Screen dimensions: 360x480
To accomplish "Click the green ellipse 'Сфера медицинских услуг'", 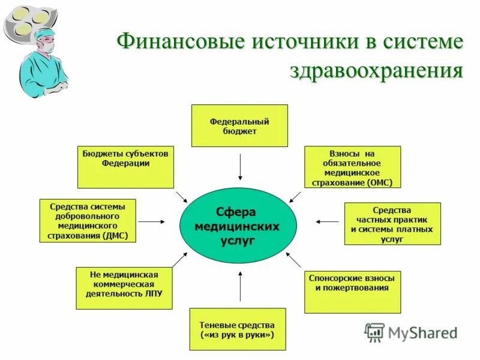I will tap(238, 226).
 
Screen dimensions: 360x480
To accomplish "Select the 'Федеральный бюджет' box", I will tap(239, 125).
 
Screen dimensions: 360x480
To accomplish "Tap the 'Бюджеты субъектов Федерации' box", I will tap(125, 167).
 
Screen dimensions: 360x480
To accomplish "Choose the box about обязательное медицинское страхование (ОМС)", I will tap(352, 167).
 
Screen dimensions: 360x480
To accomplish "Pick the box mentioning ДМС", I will tap(88, 221).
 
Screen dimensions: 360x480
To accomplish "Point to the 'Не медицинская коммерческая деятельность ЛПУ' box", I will tap(124, 288).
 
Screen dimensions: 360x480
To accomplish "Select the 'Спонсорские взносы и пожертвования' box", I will tap(352, 292).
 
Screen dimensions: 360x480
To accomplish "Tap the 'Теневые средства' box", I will tap(238, 329).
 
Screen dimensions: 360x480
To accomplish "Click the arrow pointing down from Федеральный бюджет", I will tap(240, 167).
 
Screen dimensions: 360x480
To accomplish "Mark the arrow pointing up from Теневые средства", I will tap(240, 286).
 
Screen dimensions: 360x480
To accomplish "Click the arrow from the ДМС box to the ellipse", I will tap(152, 221).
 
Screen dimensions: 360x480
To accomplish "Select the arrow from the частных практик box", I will tap(327, 221).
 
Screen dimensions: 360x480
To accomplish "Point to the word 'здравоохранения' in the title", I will tap(377, 70).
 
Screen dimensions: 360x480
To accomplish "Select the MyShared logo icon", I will tap(374, 332).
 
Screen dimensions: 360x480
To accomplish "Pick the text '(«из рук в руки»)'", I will tap(238, 335).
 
